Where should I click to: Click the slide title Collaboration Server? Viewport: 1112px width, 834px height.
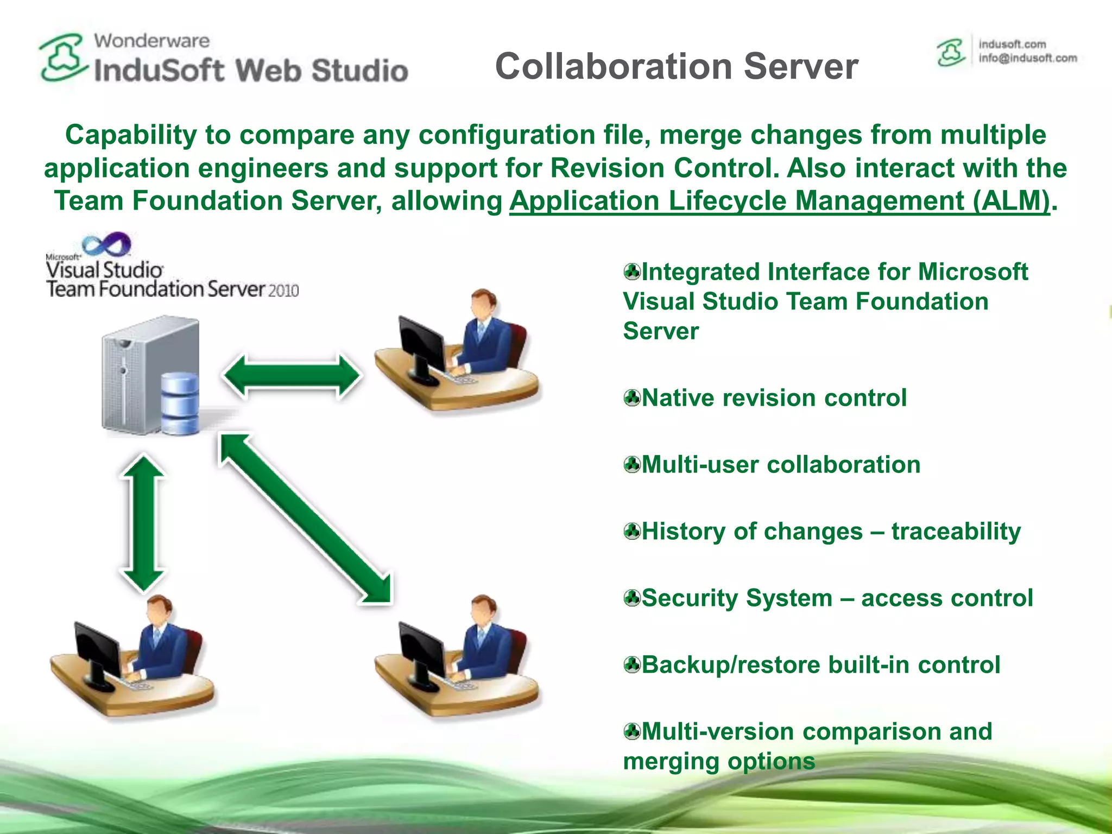(x=676, y=66)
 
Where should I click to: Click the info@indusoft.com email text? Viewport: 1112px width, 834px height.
(x=1027, y=59)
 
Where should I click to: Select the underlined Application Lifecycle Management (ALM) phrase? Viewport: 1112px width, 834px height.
(x=779, y=201)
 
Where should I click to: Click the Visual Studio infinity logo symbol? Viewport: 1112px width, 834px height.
(x=107, y=244)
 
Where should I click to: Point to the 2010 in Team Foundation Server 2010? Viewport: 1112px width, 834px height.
(x=283, y=290)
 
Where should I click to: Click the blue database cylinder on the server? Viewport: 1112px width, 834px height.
(x=180, y=402)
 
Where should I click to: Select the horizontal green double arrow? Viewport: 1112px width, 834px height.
(x=292, y=376)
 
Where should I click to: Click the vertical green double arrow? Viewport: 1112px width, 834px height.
(x=142, y=523)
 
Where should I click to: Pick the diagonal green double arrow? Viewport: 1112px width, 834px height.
(x=305, y=518)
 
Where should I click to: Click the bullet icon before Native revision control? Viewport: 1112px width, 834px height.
(x=632, y=398)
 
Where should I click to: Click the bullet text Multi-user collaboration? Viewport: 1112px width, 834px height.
(x=781, y=465)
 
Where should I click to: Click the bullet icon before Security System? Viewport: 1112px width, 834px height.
(x=632, y=598)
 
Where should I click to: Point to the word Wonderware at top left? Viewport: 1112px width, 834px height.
(x=151, y=41)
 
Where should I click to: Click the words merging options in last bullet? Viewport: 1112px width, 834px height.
(x=718, y=761)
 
